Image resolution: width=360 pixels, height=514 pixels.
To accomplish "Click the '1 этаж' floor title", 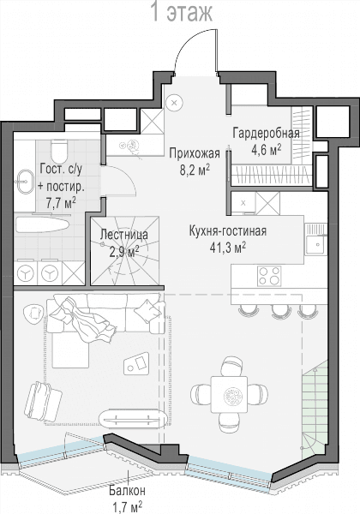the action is pos(182,12).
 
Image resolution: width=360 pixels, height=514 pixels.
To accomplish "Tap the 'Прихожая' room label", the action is pos(195,153).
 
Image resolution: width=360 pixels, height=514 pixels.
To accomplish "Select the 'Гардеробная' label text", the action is pos(267,134).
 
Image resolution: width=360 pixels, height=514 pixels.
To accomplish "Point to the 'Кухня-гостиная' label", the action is pos(228,231).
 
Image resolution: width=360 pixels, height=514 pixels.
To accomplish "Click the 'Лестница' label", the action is pos(124,235).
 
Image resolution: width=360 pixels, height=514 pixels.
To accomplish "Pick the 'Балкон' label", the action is pos(127,491).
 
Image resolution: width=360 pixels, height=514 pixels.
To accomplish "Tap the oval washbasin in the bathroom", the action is pos(24,182).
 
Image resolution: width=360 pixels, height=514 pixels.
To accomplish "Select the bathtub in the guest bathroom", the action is pos(42,227).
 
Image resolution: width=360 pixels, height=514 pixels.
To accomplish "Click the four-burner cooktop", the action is pos(269,276).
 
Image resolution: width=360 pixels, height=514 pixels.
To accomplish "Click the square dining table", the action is pos(229,394).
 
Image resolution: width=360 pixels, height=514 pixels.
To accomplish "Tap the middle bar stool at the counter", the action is pos(280,311).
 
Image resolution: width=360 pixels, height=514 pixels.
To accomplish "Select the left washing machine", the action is pos(26,272).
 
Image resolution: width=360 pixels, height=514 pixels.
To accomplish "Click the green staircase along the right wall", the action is pos(315,409).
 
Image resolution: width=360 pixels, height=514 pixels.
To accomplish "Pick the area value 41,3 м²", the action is pos(227,248).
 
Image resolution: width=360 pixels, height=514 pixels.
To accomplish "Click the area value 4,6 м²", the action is pos(267,150).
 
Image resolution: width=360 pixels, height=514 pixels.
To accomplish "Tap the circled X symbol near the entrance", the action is pos(174,103).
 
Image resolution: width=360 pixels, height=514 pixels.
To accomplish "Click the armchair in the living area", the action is pos(43,401).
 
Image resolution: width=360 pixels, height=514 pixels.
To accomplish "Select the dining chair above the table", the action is pos(231,366).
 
